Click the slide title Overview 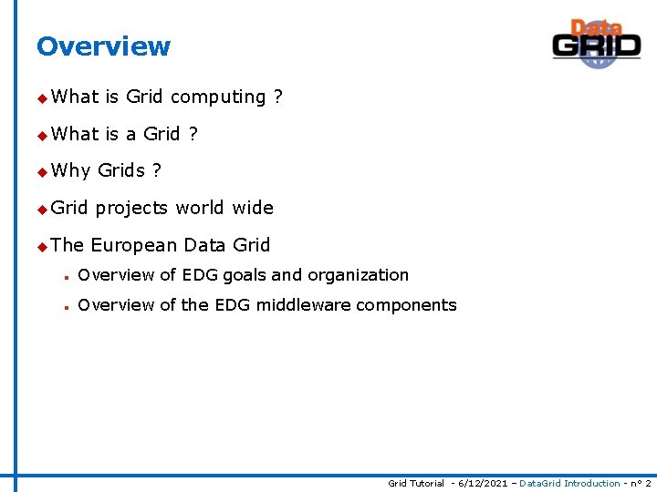103,46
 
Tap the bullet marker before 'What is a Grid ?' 41,135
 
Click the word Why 71,170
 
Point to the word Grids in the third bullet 121,170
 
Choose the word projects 132,208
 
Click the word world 201,208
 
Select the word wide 253,208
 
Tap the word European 134,245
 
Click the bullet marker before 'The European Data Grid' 41,246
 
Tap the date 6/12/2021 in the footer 485,483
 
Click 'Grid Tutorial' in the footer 416,483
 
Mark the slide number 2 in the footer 648,483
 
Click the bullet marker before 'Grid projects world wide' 41,209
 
